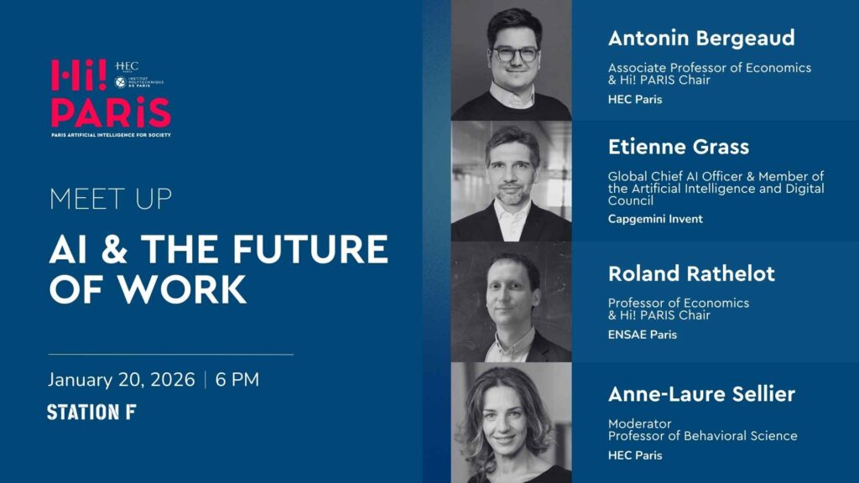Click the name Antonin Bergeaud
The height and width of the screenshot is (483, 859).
point(700,39)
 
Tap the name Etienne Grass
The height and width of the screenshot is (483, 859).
point(679,148)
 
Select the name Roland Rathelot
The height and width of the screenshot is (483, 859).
point(691,273)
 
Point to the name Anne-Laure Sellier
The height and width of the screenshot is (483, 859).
point(701,394)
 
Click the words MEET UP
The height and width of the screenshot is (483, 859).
point(110,200)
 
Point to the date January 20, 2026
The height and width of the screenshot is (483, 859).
point(121,379)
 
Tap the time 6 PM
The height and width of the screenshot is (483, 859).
point(237,379)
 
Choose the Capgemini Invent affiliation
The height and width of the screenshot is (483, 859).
point(655,219)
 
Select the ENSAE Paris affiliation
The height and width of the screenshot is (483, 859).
point(642,335)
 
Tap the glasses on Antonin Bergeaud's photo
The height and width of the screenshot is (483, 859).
point(514,54)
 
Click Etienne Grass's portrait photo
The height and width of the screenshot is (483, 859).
point(512,181)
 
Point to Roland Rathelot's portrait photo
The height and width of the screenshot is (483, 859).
point(512,302)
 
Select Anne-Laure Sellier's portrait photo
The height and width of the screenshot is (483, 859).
point(510,423)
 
